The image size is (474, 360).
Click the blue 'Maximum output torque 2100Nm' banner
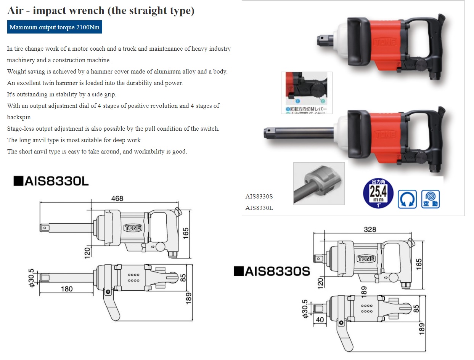click(x=55, y=27)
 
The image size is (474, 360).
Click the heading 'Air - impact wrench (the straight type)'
click(x=101, y=11)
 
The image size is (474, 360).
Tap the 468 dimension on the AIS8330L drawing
click(x=117, y=198)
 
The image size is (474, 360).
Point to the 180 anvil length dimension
click(x=66, y=289)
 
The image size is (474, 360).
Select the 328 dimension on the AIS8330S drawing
click(x=370, y=229)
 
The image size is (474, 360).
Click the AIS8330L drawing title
click(x=51, y=181)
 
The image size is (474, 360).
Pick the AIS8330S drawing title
click(x=272, y=271)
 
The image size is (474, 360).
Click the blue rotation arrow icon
click(x=407, y=199)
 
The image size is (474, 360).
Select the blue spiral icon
click(x=431, y=199)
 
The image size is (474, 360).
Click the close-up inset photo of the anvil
click(x=319, y=183)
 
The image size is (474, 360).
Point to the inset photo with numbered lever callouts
click(x=307, y=93)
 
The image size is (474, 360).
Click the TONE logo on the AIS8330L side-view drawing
click(x=133, y=228)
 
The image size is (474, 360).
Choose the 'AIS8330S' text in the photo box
click(x=259, y=197)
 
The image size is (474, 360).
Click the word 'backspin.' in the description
click(x=19, y=117)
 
